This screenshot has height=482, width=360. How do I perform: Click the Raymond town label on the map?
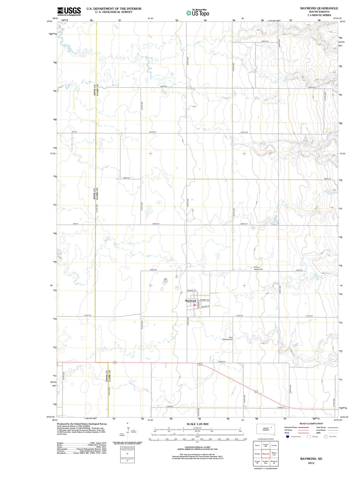[x=190, y=301]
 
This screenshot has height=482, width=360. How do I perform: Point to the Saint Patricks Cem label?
[x=228, y=338]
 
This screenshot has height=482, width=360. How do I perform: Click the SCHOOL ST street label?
[x=192, y=290]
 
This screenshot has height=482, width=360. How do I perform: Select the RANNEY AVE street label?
[x=205, y=300]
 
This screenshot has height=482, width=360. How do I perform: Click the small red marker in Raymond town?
[x=195, y=305]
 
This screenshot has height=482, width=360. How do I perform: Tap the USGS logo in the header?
[x=69, y=11]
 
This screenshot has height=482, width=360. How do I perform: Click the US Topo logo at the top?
[x=197, y=13]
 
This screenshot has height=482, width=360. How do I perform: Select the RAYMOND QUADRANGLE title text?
[x=319, y=8]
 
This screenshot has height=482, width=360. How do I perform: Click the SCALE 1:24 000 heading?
[x=197, y=424]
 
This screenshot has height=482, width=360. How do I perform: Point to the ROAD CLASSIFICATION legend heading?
[x=311, y=424]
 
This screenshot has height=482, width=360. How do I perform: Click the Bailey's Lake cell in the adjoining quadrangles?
[x=274, y=454]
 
